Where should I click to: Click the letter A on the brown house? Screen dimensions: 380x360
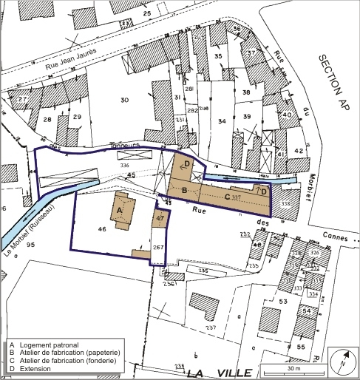point(118,209)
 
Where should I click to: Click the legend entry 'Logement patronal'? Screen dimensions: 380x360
point(47,345)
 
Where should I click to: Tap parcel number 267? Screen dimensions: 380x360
point(157,247)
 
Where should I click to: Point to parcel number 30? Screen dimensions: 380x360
point(124,100)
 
